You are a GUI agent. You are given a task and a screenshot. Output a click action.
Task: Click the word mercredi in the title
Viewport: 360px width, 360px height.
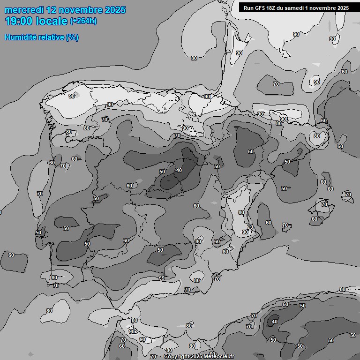[x=24, y=10]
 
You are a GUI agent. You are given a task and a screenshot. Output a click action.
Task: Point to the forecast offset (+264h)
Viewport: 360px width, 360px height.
[x=83, y=21]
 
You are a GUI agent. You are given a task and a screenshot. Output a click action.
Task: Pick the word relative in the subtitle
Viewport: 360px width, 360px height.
[x=50, y=37]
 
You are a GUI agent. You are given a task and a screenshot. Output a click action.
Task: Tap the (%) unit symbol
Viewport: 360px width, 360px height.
[x=72, y=37]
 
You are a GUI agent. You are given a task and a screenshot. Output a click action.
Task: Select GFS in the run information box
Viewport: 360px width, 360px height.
[x=262, y=8]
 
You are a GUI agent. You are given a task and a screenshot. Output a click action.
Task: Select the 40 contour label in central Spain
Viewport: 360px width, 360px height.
[x=179, y=170]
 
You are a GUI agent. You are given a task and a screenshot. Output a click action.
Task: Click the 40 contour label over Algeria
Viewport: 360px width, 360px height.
[x=275, y=322]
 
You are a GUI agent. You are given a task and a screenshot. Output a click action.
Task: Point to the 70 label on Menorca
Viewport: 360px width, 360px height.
[x=348, y=194]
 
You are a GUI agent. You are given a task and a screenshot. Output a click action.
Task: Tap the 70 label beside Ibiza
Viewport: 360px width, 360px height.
[x=285, y=225]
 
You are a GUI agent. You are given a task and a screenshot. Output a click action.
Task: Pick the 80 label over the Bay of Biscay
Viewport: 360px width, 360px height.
[x=194, y=58]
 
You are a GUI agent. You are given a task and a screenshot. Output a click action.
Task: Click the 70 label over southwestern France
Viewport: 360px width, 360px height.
[x=276, y=84]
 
